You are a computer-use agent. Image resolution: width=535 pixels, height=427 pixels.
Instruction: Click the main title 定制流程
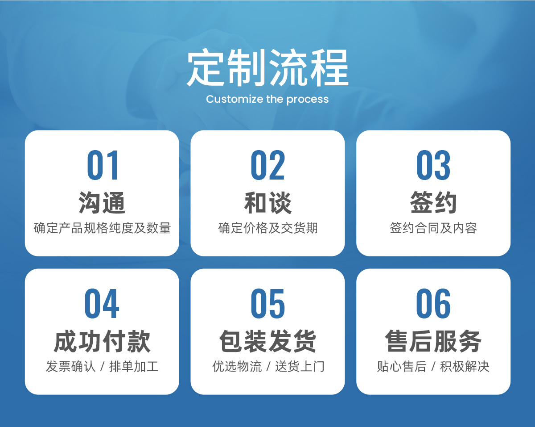pyautogui.click(x=267, y=67)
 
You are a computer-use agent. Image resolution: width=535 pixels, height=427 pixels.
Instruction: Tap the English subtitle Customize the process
pyautogui.click(x=267, y=100)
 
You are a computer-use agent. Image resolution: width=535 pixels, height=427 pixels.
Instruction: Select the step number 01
pyautogui.click(x=103, y=165)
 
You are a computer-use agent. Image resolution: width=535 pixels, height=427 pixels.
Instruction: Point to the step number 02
pyautogui.click(x=267, y=165)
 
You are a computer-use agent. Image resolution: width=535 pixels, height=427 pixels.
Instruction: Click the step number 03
pyautogui.click(x=433, y=165)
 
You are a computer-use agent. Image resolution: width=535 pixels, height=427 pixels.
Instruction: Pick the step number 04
pyautogui.click(x=102, y=303)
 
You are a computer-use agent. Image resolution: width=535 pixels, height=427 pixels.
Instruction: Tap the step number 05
pyautogui.click(x=267, y=303)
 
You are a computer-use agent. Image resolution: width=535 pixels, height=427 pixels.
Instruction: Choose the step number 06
pyautogui.click(x=433, y=303)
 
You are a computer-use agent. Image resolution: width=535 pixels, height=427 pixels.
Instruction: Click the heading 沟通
pyautogui.click(x=102, y=203)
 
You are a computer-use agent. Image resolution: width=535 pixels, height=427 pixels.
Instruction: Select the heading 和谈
pyautogui.click(x=268, y=203)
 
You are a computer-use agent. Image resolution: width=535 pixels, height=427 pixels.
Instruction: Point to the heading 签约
pyautogui.click(x=433, y=203)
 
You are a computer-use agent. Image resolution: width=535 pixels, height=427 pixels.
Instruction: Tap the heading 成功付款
pyautogui.click(x=102, y=341)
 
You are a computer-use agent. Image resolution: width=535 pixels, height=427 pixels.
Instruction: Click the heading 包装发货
pyautogui.click(x=267, y=341)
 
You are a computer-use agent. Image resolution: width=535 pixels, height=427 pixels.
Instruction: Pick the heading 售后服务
pyautogui.click(x=433, y=341)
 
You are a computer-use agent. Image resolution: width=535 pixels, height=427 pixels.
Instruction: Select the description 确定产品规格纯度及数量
pyautogui.click(x=102, y=228)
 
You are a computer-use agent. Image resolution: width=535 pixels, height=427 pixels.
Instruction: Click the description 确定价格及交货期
pyautogui.click(x=268, y=228)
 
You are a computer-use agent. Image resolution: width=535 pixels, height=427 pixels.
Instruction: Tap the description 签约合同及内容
pyautogui.click(x=433, y=228)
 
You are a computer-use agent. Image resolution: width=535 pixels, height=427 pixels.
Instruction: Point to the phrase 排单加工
pyautogui.click(x=134, y=366)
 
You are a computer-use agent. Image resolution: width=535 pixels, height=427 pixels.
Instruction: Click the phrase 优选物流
pyautogui.click(x=237, y=366)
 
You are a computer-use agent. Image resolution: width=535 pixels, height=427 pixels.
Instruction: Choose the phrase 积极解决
pyautogui.click(x=465, y=366)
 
